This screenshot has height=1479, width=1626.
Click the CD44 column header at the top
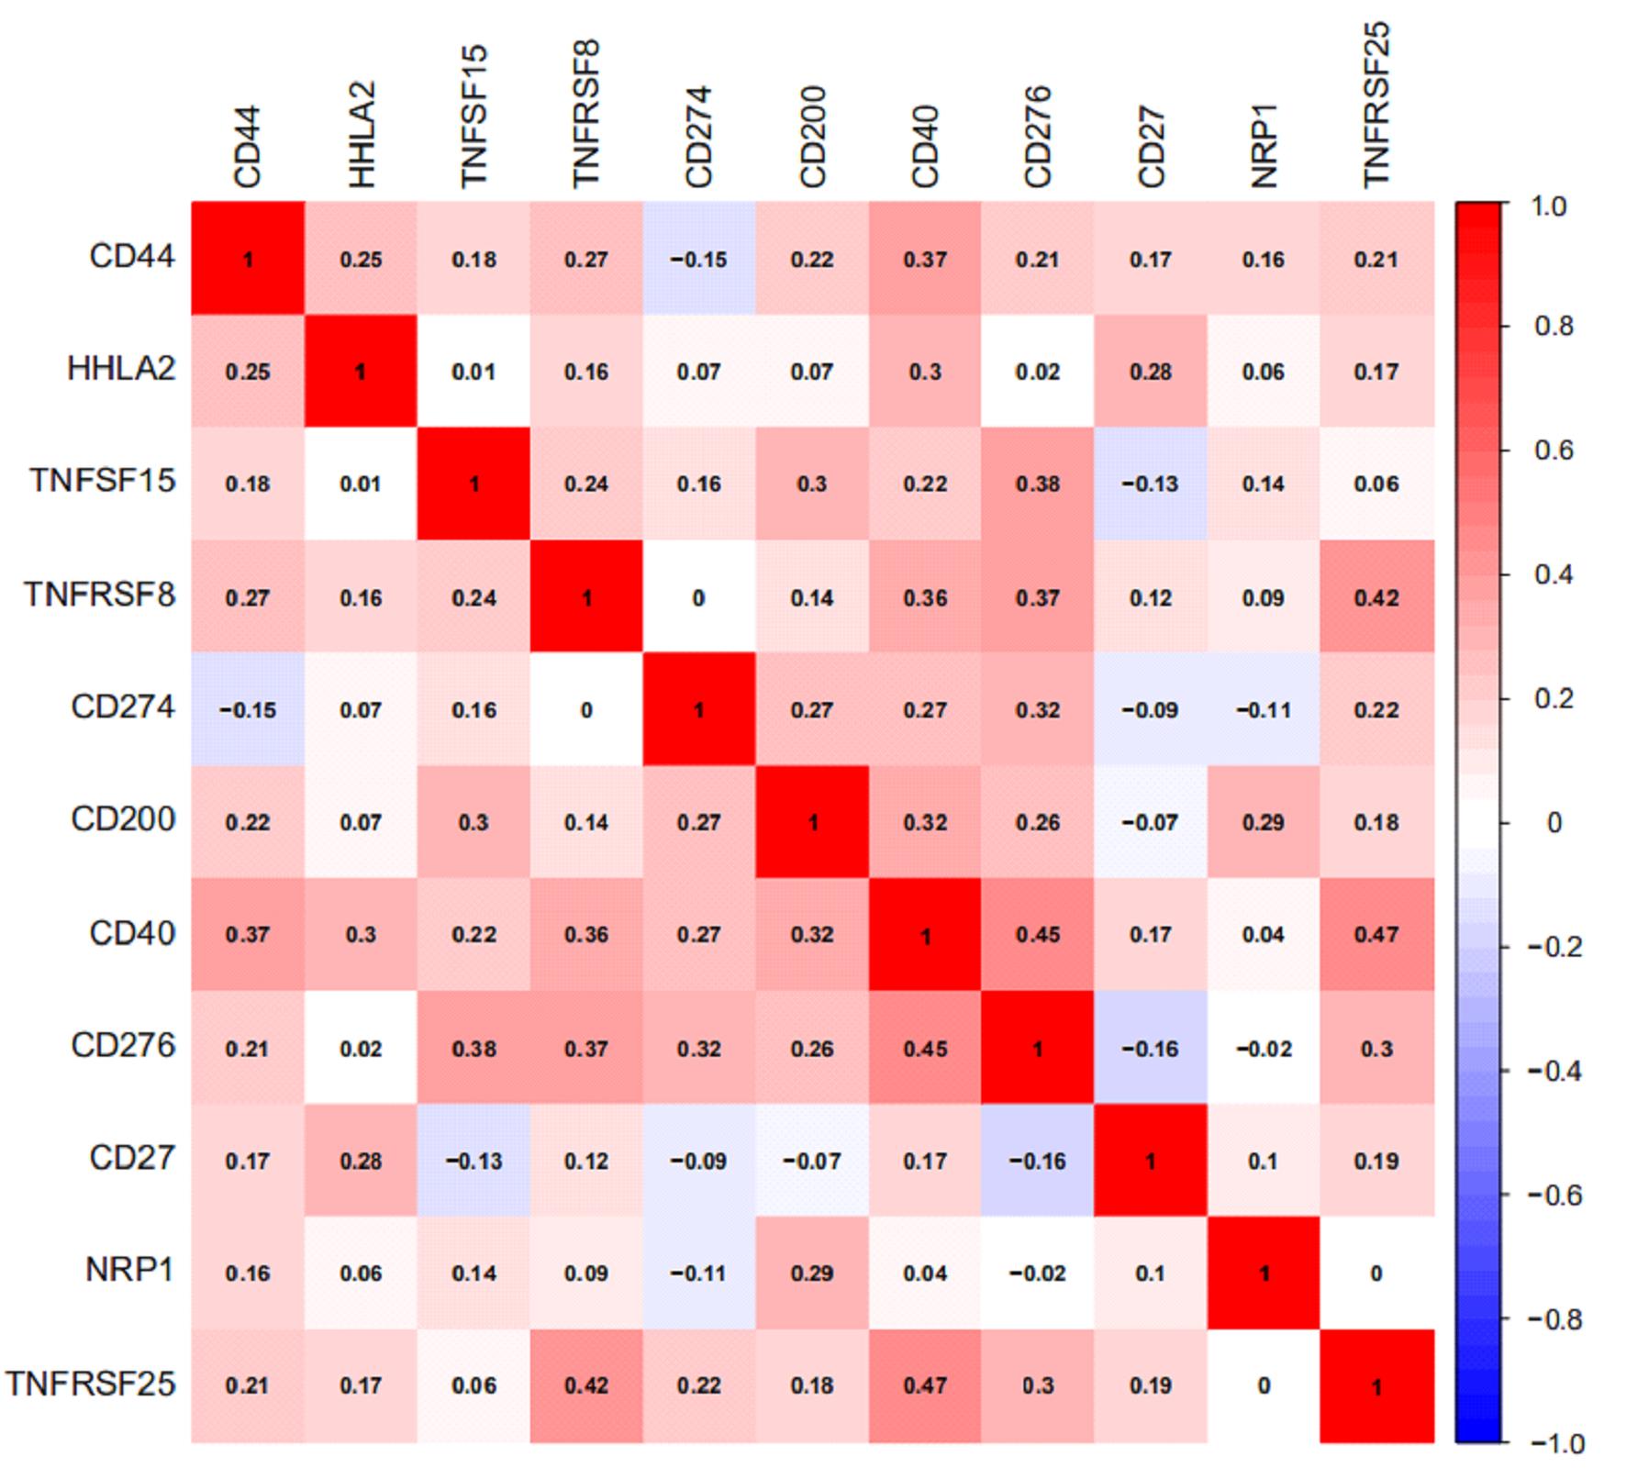(x=248, y=147)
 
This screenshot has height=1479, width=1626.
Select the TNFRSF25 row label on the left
(x=91, y=1383)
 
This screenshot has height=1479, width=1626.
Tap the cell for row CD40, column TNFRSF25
(x=1376, y=934)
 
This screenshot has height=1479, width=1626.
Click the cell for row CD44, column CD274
(x=698, y=259)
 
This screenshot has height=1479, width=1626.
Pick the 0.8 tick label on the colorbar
(x=1554, y=326)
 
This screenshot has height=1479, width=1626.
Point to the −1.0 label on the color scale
(x=1556, y=1443)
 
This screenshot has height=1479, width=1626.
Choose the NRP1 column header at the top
(x=1264, y=147)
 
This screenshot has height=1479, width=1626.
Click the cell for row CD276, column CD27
(x=1151, y=1047)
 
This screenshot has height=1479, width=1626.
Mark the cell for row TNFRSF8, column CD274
(x=698, y=597)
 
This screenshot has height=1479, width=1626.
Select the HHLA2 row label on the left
(x=121, y=369)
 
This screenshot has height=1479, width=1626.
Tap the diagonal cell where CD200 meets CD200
(x=812, y=822)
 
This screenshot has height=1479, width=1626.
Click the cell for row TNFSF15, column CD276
(x=1038, y=484)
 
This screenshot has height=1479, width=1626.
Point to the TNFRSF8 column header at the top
(x=586, y=114)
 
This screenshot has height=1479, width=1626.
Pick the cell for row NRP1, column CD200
(x=812, y=1273)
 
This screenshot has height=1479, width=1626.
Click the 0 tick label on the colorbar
(x=1554, y=822)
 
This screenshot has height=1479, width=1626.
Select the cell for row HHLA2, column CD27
(x=1151, y=371)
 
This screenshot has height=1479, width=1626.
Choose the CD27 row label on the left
(x=131, y=1158)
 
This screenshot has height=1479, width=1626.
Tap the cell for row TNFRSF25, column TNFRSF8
(x=586, y=1385)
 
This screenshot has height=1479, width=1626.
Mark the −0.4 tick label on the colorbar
(x=1554, y=1071)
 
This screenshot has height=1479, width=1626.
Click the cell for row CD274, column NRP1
(x=1264, y=709)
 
